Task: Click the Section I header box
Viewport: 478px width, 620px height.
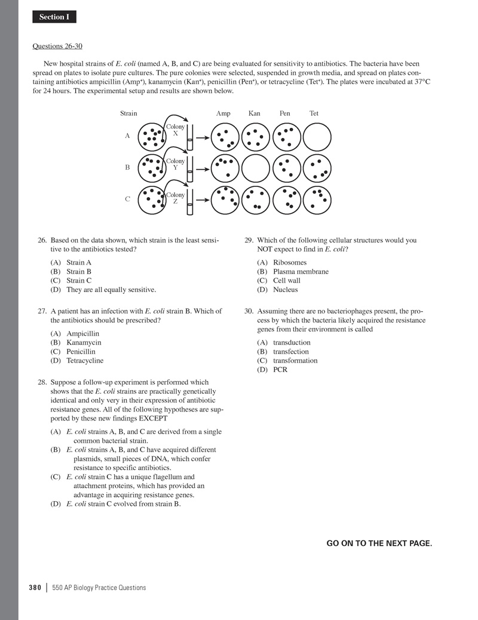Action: coord(54,17)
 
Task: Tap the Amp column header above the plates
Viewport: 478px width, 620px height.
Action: coord(223,113)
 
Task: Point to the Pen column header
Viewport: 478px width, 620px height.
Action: coord(284,113)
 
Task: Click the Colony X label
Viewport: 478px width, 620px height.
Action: coord(175,130)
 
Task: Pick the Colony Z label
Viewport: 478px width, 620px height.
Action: coord(175,198)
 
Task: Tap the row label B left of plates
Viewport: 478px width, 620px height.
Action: coord(127,168)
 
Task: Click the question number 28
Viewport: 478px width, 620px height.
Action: coord(42,382)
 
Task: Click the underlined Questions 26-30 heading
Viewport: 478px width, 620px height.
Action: coord(61,45)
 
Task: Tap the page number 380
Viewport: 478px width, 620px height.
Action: coord(35,588)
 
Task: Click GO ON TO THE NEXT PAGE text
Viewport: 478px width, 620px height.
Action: coord(379,543)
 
